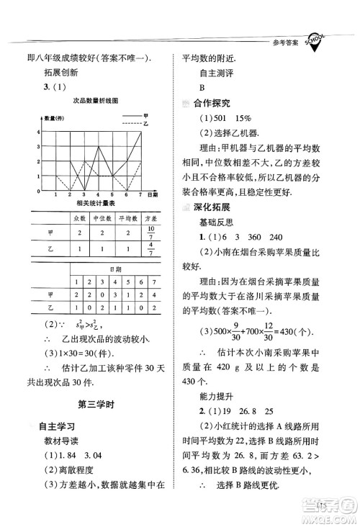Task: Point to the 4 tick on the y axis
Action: tap(35, 130)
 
